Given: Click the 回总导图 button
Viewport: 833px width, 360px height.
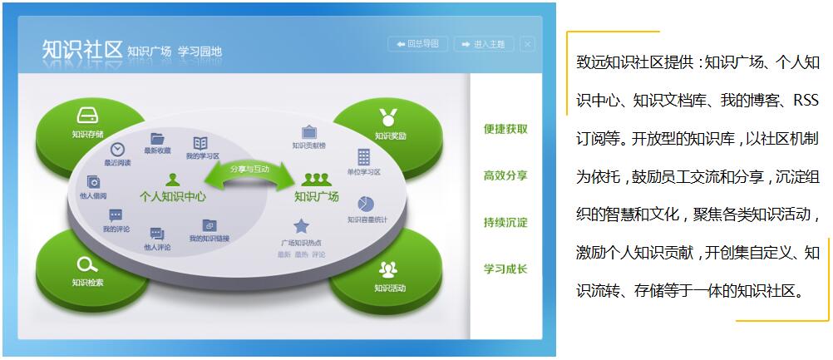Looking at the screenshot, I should click(418, 44).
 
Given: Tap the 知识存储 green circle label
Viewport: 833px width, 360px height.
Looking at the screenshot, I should click(87, 134).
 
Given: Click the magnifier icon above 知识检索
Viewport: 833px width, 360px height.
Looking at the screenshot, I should click(86, 265).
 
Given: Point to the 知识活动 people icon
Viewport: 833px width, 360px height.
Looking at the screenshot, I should click(388, 269).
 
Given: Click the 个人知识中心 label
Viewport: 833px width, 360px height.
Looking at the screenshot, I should click(173, 197).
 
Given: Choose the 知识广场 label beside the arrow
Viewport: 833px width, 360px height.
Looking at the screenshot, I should click(316, 197).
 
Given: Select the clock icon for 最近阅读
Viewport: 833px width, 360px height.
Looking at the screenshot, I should click(117, 147).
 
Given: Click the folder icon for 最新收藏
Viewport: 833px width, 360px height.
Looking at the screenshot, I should click(157, 138).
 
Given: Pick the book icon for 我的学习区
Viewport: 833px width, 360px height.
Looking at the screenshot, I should click(200, 143).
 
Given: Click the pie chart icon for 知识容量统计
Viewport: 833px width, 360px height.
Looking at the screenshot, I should click(366, 204).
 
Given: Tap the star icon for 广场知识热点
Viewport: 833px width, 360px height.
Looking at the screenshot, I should click(301, 226).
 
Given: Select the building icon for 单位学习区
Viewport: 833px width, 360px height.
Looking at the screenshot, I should click(363, 156).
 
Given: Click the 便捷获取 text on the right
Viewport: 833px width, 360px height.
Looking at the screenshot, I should click(505, 130).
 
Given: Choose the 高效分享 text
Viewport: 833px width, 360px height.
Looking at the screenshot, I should click(505, 176).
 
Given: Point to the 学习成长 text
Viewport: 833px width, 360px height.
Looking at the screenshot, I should click(505, 269).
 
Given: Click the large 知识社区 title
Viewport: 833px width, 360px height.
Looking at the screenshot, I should click(82, 50).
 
